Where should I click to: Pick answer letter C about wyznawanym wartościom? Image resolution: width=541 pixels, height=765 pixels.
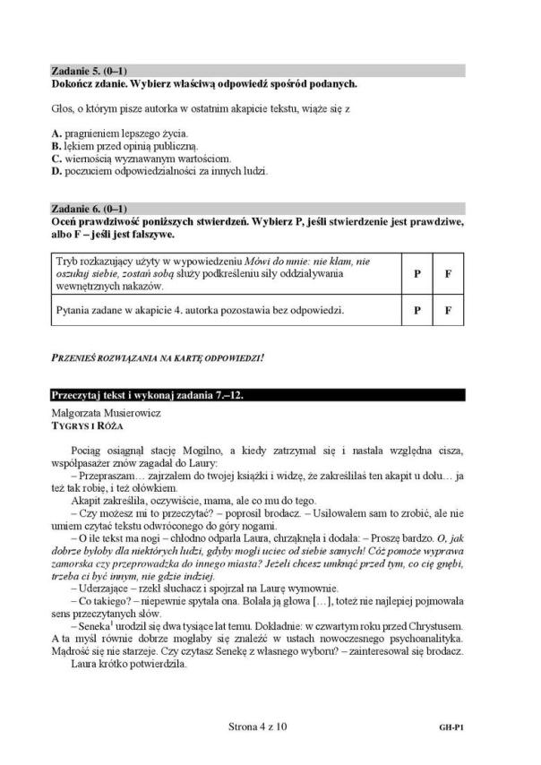(56, 158)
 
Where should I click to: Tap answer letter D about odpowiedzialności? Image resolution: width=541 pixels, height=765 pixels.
(56, 169)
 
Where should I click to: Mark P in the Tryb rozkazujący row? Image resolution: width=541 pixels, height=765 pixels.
(417, 273)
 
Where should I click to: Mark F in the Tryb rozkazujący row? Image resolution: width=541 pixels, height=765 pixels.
(447, 273)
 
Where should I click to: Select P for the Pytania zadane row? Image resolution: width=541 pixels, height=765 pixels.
(417, 312)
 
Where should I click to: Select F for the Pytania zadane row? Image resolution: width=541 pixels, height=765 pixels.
(447, 312)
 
